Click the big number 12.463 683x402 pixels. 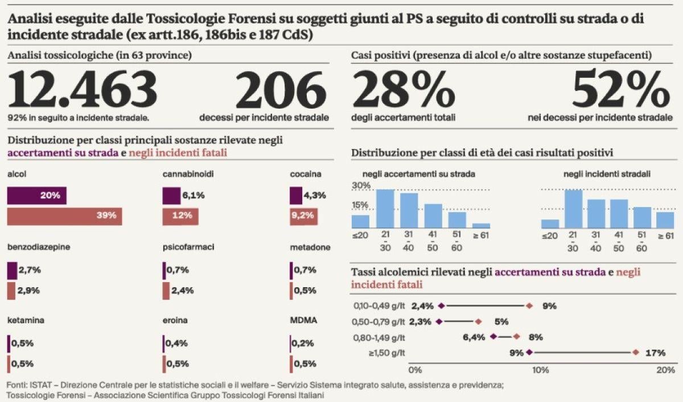pos(82,90)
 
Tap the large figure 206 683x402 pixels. pos(281,90)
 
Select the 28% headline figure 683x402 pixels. pos(404,90)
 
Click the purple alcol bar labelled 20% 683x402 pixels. pos(36,196)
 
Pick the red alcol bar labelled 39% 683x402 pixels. pos(64,216)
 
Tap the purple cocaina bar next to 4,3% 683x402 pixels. pos(296,196)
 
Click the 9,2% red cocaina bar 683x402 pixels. pos(304,216)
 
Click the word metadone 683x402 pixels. pos(310,247)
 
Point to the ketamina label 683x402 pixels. pos(26,320)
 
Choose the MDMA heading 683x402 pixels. pos(303,320)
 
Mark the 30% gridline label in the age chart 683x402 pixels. pos(361,186)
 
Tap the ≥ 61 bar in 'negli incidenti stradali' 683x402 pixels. pos(665,219)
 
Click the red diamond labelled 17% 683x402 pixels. pos(636,353)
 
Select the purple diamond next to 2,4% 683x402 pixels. pos(441,305)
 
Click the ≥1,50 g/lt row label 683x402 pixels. pos(386,353)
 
